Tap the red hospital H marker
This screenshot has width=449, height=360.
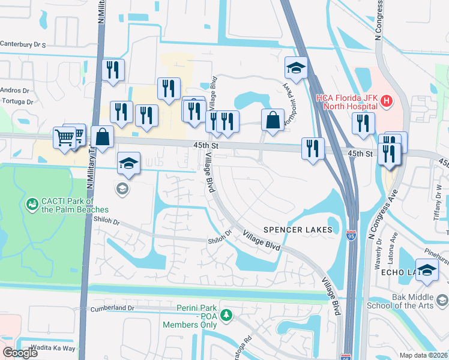pos(386,101)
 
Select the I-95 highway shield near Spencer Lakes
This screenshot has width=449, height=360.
pos(351,232)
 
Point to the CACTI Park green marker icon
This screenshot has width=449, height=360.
pos(31,205)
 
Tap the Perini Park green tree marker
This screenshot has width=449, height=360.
pos(226,314)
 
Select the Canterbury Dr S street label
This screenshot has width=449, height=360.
pos(23,44)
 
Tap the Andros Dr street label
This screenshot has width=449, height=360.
pos(14,91)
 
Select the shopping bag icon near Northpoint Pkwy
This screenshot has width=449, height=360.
pos(273,120)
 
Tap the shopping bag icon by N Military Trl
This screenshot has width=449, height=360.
pos(103,136)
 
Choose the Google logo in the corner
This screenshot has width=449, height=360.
pos(20,352)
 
